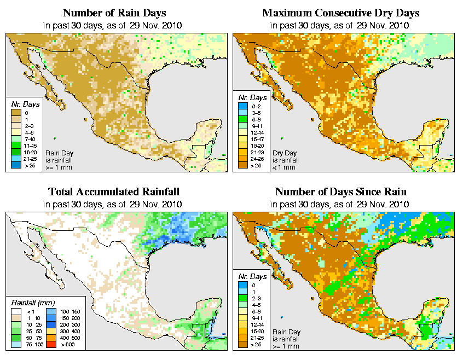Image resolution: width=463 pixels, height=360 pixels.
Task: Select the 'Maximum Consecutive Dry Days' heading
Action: (x=340, y=13)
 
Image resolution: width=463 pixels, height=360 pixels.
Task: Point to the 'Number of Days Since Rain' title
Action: (x=340, y=192)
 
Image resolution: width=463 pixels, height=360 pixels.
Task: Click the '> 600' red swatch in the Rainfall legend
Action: (x=50, y=345)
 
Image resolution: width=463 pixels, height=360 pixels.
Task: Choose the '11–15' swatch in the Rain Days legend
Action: (x=16, y=146)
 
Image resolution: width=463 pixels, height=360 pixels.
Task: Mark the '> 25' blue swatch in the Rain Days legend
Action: (x=16, y=165)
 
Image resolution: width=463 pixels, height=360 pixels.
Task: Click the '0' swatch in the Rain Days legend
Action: (x=16, y=112)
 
